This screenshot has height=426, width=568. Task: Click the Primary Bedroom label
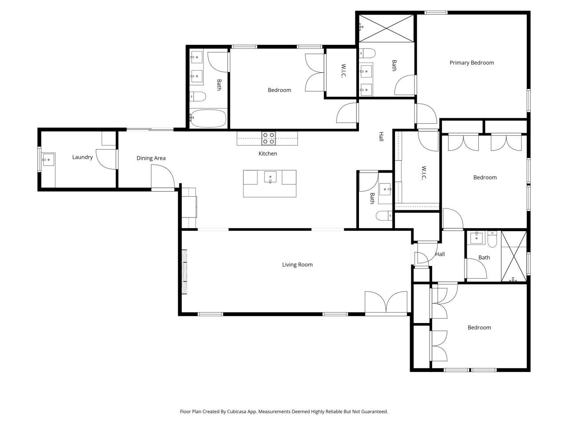[471, 63]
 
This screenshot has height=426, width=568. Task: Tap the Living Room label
[297, 265]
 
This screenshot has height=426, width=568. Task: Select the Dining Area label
[151, 158]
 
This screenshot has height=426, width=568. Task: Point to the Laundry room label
[83, 157]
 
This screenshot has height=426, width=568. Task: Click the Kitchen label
[268, 154]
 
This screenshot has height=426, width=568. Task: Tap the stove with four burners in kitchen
[268, 138]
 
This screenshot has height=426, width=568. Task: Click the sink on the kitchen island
[270, 177]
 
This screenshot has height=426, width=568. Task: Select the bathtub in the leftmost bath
[208, 118]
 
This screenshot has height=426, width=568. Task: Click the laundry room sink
[47, 159]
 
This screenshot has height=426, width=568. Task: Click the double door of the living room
[386, 304]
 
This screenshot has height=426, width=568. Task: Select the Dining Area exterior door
[162, 177]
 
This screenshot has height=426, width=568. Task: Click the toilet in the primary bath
[367, 54]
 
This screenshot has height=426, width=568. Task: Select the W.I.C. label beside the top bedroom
[343, 72]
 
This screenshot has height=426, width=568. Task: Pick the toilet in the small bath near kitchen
[384, 216]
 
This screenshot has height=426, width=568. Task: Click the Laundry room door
[106, 159]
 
